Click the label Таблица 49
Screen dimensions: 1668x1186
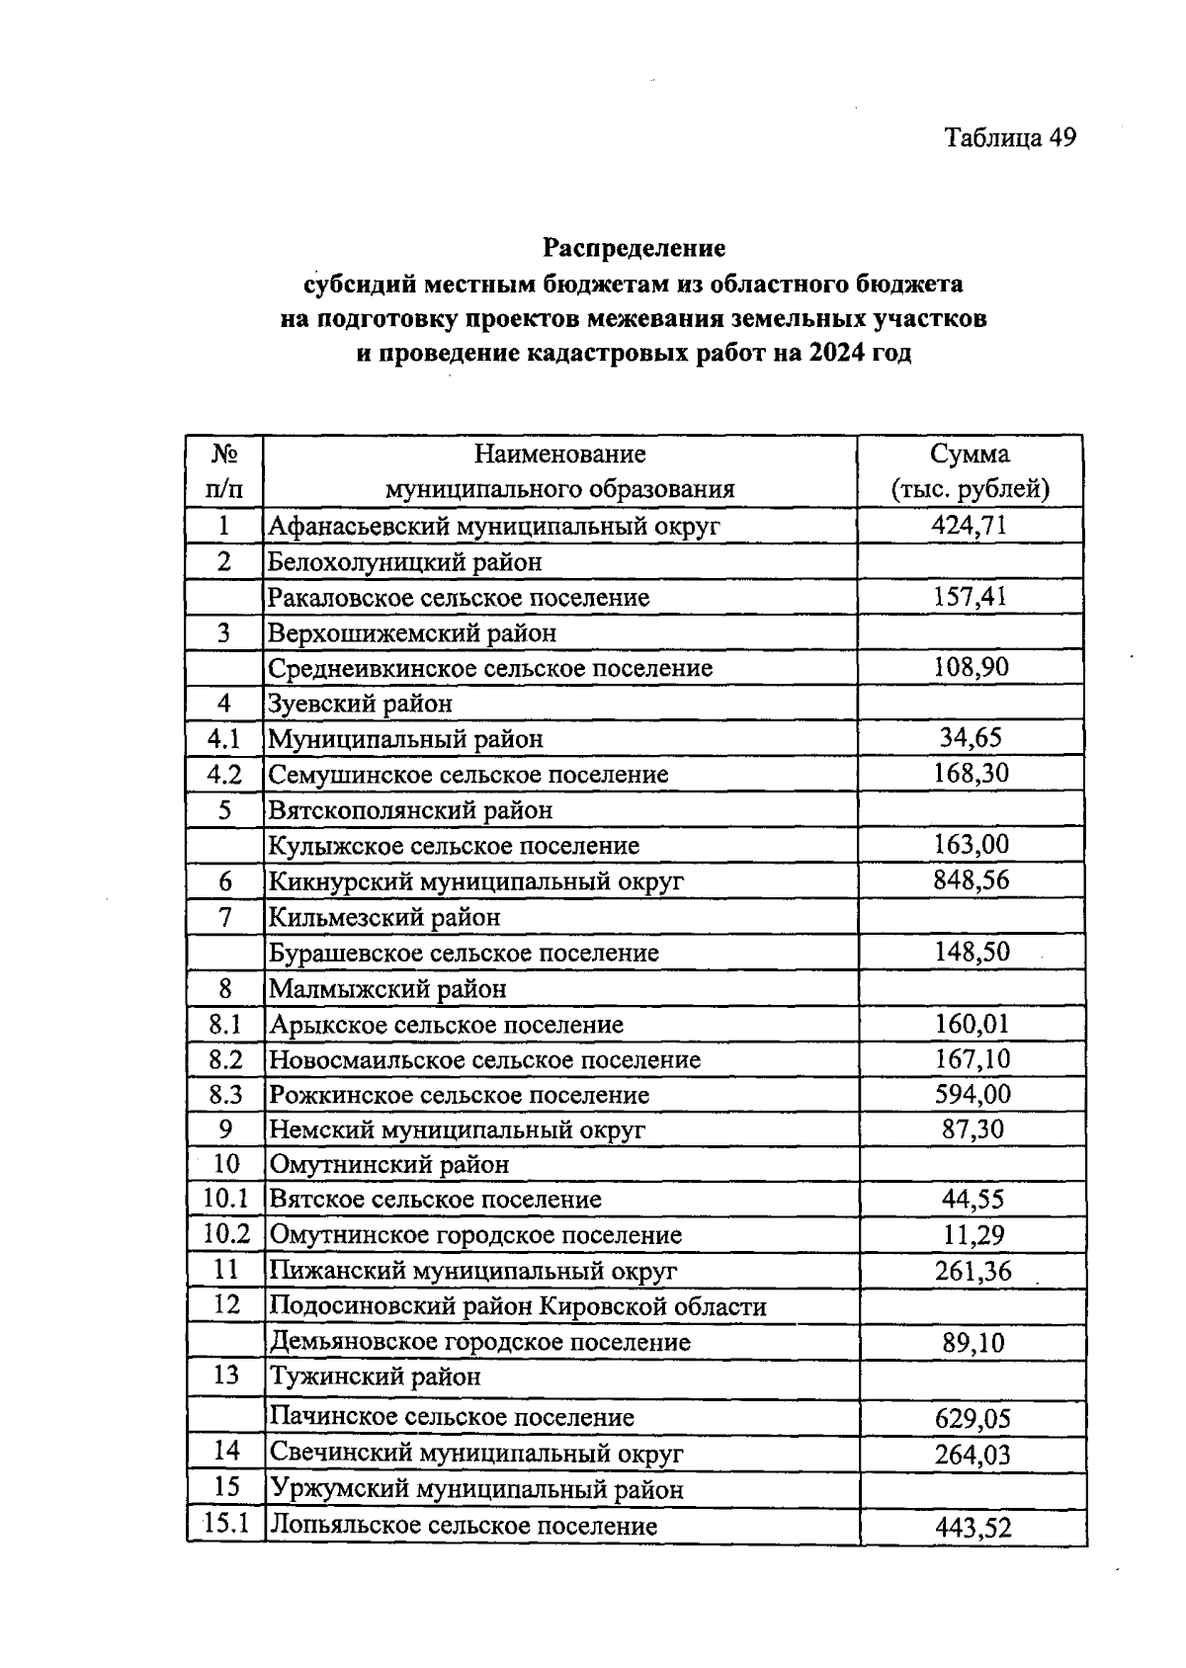[x=1009, y=137]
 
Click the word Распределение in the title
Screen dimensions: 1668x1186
[x=634, y=246]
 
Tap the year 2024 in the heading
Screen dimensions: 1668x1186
[x=835, y=354]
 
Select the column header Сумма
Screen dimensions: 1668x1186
[x=970, y=454]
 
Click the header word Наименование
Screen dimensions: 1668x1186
[x=559, y=454]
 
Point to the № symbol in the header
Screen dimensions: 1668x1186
[x=224, y=454]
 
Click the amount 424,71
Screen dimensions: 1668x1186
[x=970, y=525]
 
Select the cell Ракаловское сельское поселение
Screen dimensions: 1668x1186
[x=460, y=597]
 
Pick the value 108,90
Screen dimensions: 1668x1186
[x=971, y=667]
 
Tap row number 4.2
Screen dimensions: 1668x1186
[x=224, y=774]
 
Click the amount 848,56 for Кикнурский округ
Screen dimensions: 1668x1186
[x=971, y=879]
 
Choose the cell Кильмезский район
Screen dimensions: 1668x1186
[x=384, y=917]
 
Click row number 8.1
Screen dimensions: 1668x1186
[x=224, y=1024]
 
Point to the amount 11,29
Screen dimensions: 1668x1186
[x=973, y=1234]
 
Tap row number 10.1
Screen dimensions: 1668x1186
[x=225, y=1200]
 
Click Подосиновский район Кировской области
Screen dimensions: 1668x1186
[x=518, y=1306]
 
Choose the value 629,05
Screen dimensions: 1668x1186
[x=973, y=1419]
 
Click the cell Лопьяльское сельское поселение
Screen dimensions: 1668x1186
[x=464, y=1525]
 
